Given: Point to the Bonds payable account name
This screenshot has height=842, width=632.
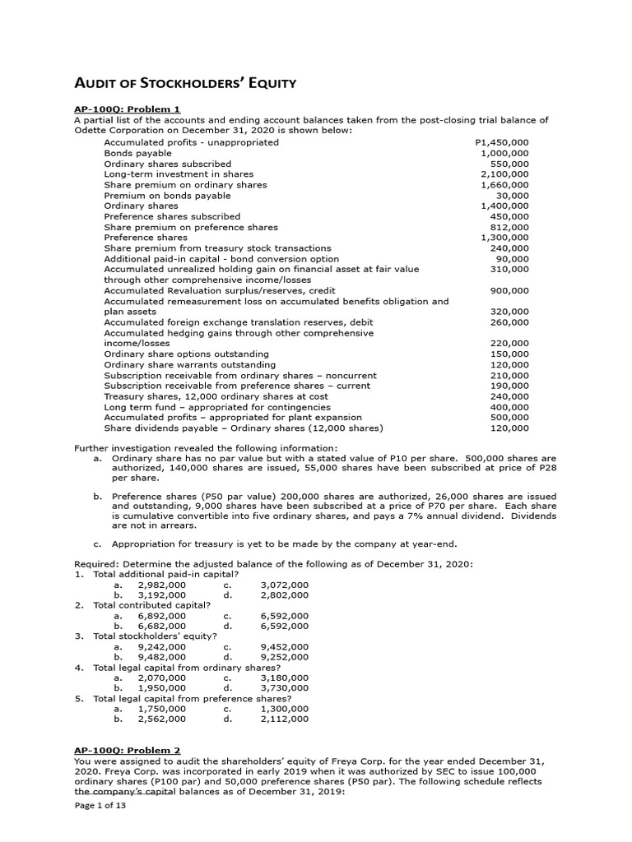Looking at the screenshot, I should [x=137, y=153].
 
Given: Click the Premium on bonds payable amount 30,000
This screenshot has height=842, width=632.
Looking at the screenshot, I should [x=513, y=196].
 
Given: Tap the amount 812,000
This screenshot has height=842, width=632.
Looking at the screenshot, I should [x=510, y=227].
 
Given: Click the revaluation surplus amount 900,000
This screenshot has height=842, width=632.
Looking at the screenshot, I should [x=510, y=290].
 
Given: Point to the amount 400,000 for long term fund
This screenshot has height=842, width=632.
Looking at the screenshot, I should [x=510, y=407].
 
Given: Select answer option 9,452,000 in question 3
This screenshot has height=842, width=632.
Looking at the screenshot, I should [x=284, y=646].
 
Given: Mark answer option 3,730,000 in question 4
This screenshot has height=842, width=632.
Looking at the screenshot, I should [x=284, y=687].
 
